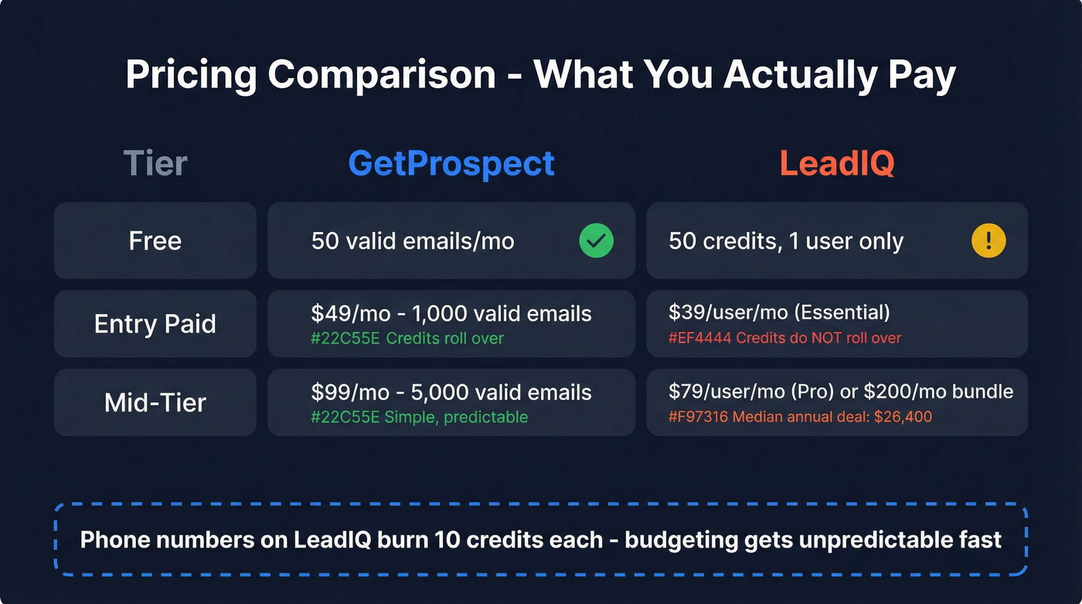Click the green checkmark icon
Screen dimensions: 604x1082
596,241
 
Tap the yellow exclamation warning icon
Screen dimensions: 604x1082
988,241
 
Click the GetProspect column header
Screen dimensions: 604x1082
451,163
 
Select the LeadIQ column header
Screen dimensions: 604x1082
836,163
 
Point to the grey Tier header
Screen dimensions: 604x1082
155,163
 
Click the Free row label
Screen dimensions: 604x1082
155,241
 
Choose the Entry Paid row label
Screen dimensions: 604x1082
155,324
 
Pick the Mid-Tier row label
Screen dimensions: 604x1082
155,403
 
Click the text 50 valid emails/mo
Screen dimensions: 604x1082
413,241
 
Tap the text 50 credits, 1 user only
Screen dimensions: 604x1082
786,241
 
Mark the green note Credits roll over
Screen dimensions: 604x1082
444,338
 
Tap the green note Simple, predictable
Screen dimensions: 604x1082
457,417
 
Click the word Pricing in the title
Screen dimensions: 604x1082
191,76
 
